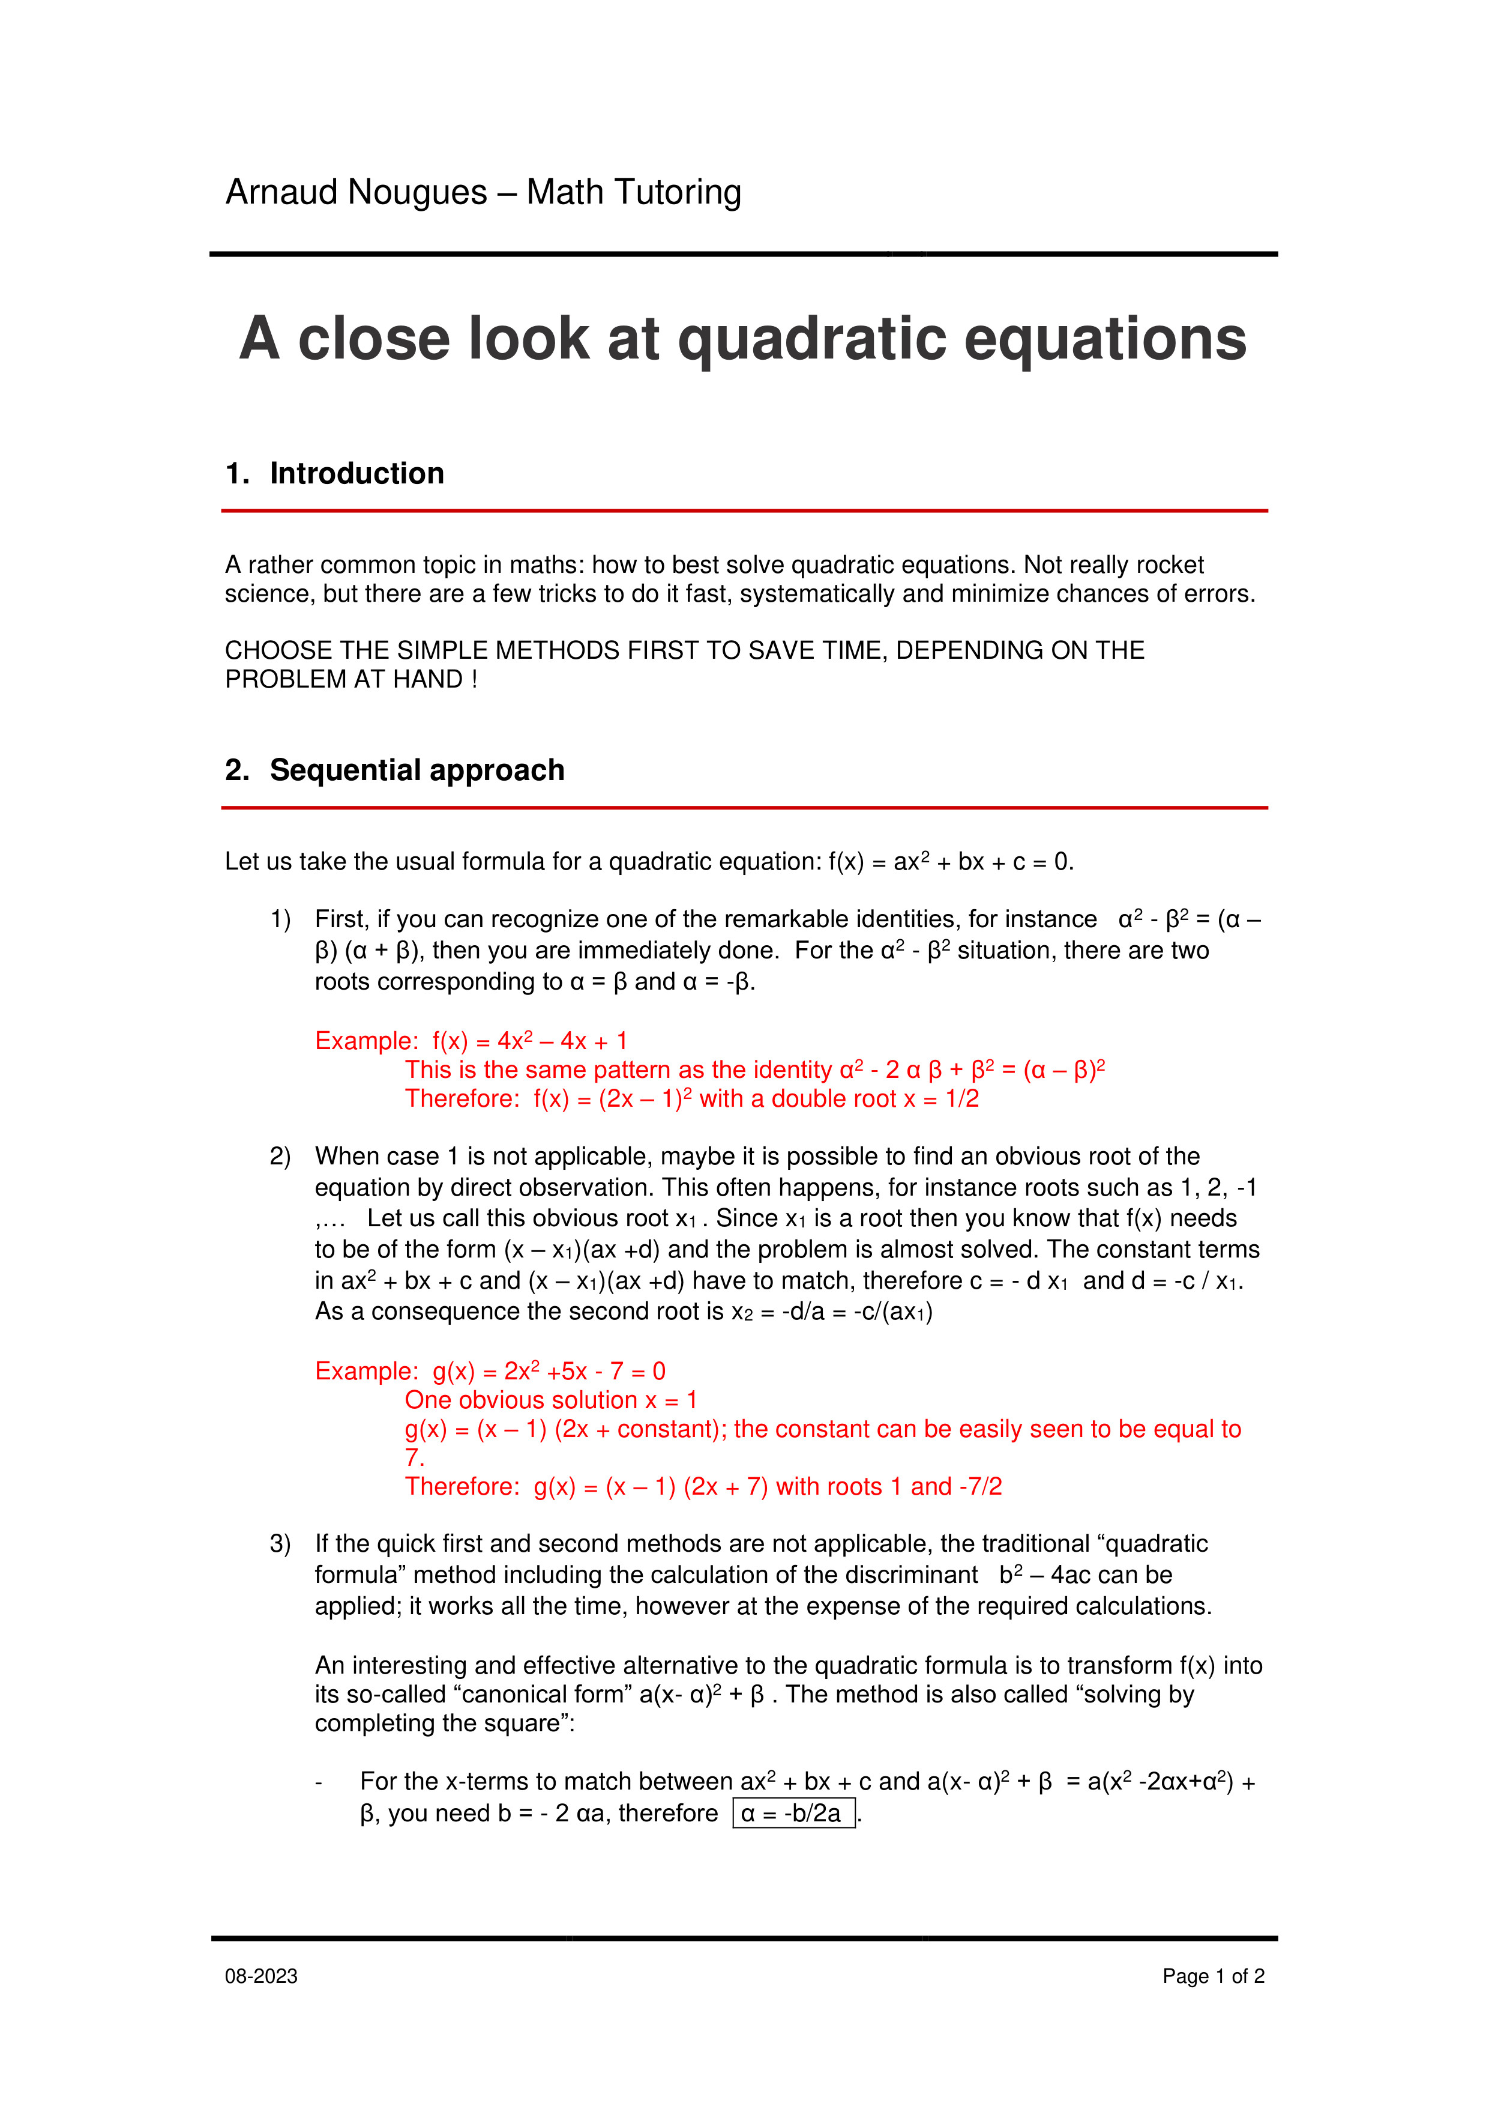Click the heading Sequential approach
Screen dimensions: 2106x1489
[x=417, y=770]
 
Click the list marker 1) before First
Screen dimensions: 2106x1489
[x=280, y=919]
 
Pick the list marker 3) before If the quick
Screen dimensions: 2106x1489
[x=280, y=1544]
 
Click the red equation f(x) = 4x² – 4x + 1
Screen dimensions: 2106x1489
[x=530, y=1041]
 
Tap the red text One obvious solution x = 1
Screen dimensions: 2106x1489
[x=551, y=1400]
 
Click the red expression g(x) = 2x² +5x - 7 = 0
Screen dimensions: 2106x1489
[x=549, y=1372]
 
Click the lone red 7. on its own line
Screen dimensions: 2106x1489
[x=415, y=1457]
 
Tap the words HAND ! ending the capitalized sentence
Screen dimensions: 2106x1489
[x=435, y=680]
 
